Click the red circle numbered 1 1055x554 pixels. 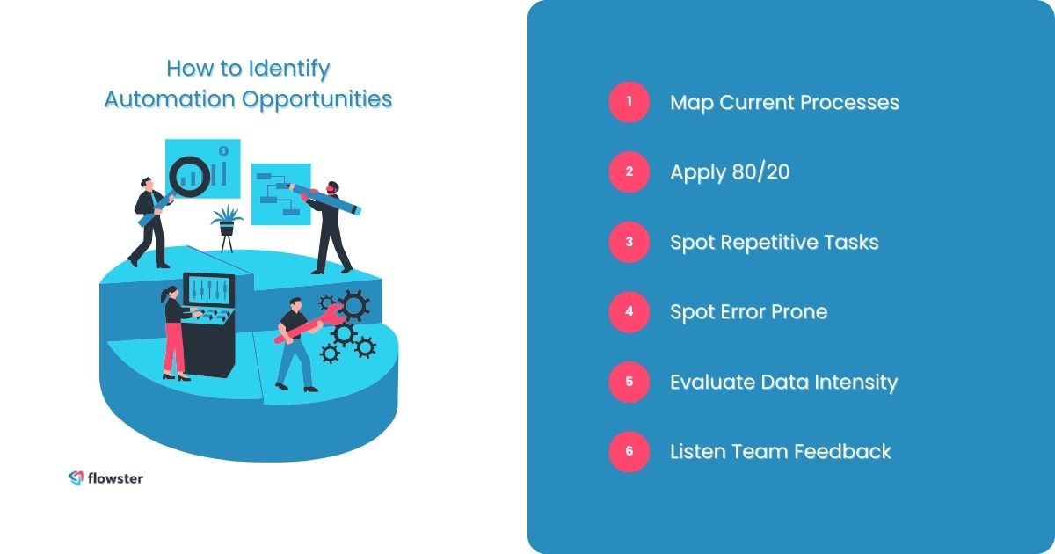(629, 102)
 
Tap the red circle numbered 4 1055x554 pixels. (629, 311)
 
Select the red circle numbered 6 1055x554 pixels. (629, 451)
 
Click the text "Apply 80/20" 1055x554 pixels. (730, 172)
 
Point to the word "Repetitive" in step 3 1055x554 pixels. (772, 242)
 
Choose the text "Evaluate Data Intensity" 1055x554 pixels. (783, 382)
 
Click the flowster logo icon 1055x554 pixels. (76, 477)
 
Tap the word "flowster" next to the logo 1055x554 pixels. (115, 478)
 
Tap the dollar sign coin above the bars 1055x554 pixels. (224, 150)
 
